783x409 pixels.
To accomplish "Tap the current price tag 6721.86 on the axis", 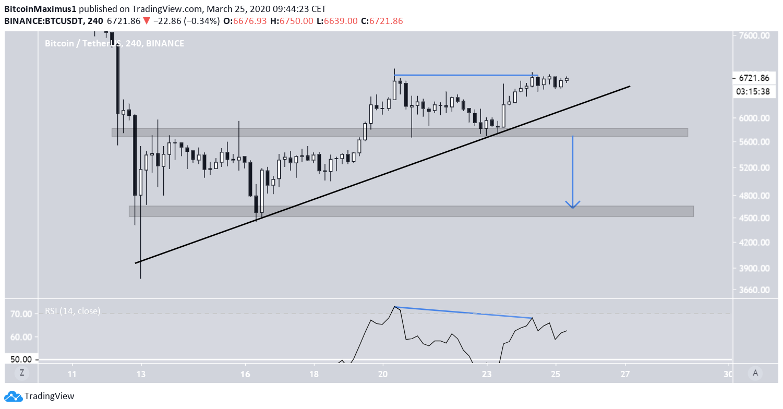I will click(754, 78).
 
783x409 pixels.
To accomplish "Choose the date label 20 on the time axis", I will click(383, 374).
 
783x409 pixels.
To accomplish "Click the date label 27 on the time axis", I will click(625, 374).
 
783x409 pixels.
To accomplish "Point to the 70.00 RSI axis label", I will click(21, 314).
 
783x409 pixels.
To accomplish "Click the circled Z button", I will click(22, 372).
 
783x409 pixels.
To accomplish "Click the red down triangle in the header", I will click(147, 21).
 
